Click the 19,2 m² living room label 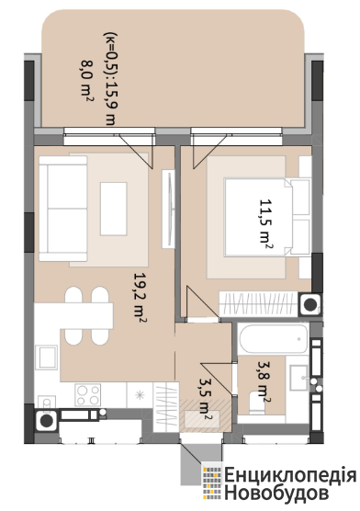[x=139, y=297]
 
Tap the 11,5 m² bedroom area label [x=265, y=221]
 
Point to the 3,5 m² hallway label [x=206, y=399]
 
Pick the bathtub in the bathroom [x=273, y=338]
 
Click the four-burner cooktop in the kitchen [x=87, y=394]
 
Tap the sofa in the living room [x=62, y=209]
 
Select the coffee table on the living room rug [x=113, y=209]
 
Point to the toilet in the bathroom [x=257, y=403]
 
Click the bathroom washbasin [x=299, y=378]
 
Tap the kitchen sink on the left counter [x=47, y=357]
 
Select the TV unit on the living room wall [x=168, y=209]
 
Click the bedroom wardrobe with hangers [x=258, y=303]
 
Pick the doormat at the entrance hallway [x=202, y=419]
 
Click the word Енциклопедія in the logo [x=290, y=476]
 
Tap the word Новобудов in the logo [x=276, y=493]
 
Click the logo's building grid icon [x=212, y=483]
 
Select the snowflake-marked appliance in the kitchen [x=140, y=395]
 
